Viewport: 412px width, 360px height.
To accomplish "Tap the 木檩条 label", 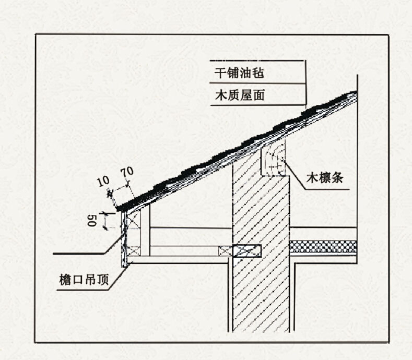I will click(x=324, y=178).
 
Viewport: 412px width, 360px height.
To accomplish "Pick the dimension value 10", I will click(x=103, y=182).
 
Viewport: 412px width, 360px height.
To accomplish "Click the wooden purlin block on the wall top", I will click(x=273, y=160).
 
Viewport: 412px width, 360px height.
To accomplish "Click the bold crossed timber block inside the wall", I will click(x=248, y=251).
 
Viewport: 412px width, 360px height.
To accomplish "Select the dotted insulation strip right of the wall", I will click(x=323, y=247).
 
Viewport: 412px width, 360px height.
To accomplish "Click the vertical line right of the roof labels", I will click(x=305, y=83).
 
